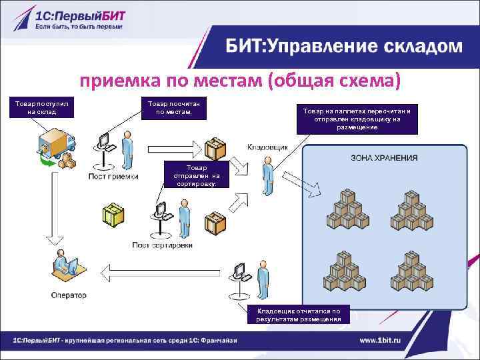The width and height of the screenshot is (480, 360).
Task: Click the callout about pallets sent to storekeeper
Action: point(361,119)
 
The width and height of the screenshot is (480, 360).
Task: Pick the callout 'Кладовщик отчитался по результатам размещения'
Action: point(298,314)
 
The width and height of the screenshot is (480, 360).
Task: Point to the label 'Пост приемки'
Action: point(113,177)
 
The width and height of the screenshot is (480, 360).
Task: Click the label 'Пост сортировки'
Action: point(162,245)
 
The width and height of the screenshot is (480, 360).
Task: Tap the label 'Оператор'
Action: point(69,295)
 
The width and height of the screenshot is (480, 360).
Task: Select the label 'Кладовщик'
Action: point(267,147)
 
